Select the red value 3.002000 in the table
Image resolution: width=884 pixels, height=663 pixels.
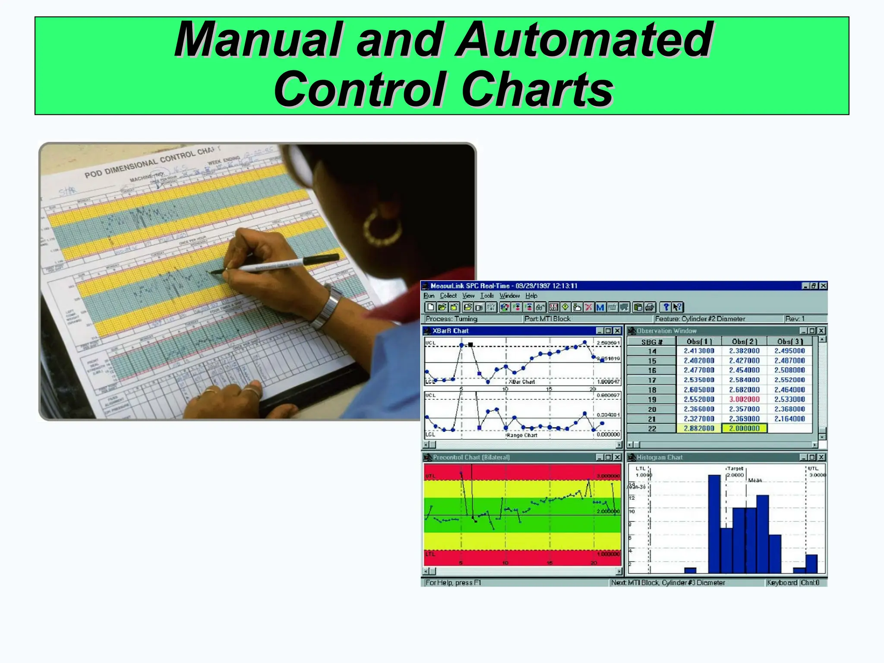coord(744,399)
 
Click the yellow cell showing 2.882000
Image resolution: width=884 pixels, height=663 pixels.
coord(698,428)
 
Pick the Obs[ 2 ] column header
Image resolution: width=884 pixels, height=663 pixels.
coord(744,341)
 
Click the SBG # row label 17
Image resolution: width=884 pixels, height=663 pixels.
coord(652,380)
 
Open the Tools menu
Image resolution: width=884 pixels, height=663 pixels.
coord(487,296)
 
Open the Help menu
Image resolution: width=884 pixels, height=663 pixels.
coord(531,296)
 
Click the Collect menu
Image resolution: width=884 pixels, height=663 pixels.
coord(448,296)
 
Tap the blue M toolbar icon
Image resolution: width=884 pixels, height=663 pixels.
coord(600,307)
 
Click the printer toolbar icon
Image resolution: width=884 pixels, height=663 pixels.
coord(650,307)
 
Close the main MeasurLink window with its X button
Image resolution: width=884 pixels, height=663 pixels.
coord(823,286)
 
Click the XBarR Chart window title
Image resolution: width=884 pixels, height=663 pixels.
coord(451,331)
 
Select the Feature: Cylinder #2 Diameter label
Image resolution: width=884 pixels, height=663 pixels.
coord(700,319)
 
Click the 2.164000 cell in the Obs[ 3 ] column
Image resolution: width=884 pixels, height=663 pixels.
coord(789,419)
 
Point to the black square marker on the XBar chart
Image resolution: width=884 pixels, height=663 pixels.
coord(470,345)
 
